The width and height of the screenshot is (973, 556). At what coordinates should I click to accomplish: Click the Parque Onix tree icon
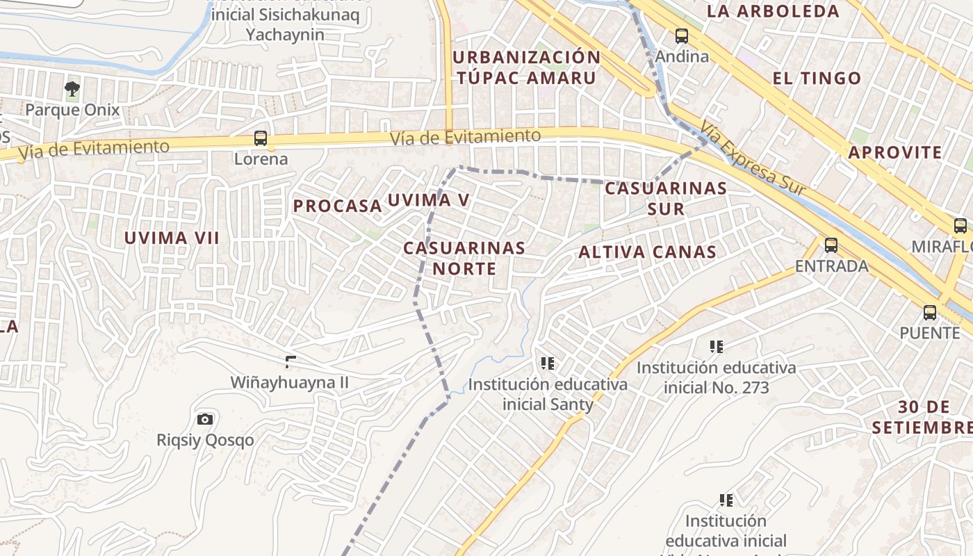tap(72, 89)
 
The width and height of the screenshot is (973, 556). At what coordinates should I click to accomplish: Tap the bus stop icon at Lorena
tap(261, 138)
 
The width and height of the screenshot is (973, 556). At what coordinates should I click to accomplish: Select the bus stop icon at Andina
tap(682, 35)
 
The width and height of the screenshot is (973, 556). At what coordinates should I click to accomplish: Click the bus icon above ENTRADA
tap(831, 245)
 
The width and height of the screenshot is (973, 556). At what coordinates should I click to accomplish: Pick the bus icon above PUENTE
tap(930, 312)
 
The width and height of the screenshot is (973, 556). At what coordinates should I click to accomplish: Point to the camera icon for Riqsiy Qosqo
tap(205, 419)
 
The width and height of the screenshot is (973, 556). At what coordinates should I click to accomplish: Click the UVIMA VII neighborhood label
tap(172, 238)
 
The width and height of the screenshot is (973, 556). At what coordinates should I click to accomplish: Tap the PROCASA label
tap(337, 206)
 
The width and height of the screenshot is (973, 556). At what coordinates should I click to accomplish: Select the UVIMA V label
tap(429, 200)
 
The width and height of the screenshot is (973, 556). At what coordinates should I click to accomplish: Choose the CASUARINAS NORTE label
tap(464, 258)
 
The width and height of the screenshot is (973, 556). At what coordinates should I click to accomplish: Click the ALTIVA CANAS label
tap(647, 252)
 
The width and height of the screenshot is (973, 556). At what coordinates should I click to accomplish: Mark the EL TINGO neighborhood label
tap(817, 79)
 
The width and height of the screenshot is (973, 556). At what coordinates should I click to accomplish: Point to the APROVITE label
tap(895, 153)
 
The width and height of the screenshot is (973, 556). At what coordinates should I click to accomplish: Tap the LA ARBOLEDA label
tap(773, 11)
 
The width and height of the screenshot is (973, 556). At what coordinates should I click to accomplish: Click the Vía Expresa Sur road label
tap(753, 159)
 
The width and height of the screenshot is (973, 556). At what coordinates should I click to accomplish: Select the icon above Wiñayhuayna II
tap(291, 361)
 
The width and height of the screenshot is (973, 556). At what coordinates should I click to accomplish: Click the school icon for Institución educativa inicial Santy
tap(548, 363)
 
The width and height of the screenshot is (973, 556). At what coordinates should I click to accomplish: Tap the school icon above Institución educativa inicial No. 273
tap(717, 346)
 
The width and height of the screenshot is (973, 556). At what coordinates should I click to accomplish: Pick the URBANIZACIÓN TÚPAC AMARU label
tap(526, 67)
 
